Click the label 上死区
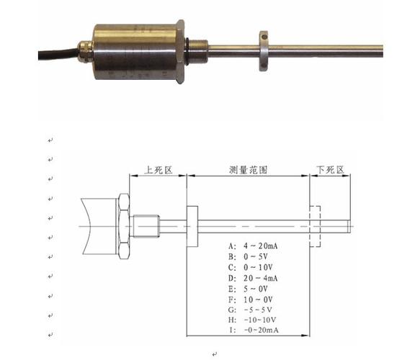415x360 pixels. click(x=159, y=170)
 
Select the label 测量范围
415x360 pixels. click(x=248, y=170)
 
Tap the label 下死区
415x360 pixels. click(x=331, y=170)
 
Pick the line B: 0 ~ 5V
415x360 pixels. click(x=249, y=256)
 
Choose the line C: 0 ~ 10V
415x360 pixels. click(x=251, y=266)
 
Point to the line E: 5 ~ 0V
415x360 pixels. click(x=249, y=288)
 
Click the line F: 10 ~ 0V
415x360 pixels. click(x=251, y=298)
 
